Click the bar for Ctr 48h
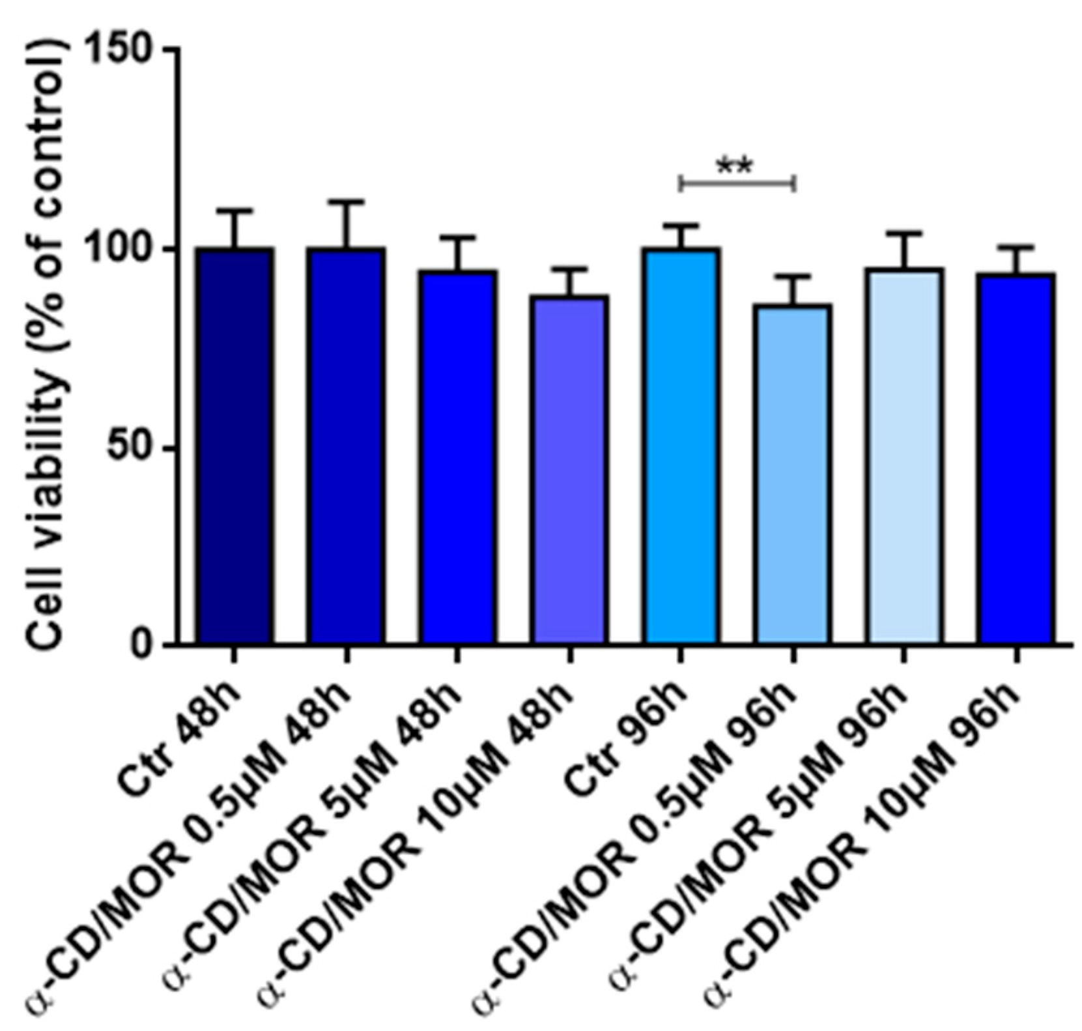click(234, 446)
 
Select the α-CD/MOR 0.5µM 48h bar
click(346, 446)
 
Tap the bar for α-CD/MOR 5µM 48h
click(457, 456)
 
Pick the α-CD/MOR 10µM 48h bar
click(569, 469)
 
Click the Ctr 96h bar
click(681, 446)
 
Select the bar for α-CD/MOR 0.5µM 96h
click(793, 474)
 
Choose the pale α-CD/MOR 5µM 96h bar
click(904, 456)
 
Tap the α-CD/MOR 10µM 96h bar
click(1016, 459)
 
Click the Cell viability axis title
click(49, 345)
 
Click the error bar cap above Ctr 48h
click(234, 211)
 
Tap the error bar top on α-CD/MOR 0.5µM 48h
click(346, 202)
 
